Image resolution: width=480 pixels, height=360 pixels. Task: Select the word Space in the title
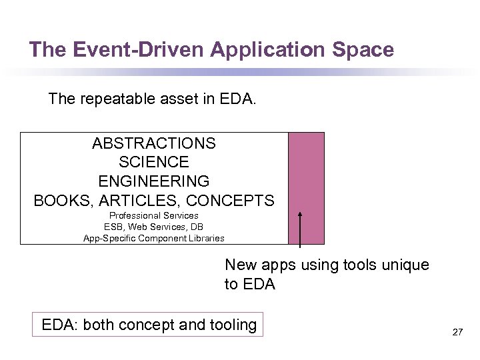(x=365, y=49)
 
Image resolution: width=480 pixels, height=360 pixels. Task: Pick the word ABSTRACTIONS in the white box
(x=154, y=143)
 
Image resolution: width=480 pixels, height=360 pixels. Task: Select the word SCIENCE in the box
(x=154, y=162)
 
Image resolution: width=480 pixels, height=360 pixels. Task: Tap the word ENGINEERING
(x=154, y=181)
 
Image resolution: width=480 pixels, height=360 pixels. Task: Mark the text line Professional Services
(x=154, y=215)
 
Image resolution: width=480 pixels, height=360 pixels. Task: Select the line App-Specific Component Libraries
(x=154, y=238)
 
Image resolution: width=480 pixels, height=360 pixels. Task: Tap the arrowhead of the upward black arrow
(x=300, y=215)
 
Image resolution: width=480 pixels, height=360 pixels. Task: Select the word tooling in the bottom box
(x=233, y=325)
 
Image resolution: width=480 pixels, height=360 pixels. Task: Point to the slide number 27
(x=457, y=331)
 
